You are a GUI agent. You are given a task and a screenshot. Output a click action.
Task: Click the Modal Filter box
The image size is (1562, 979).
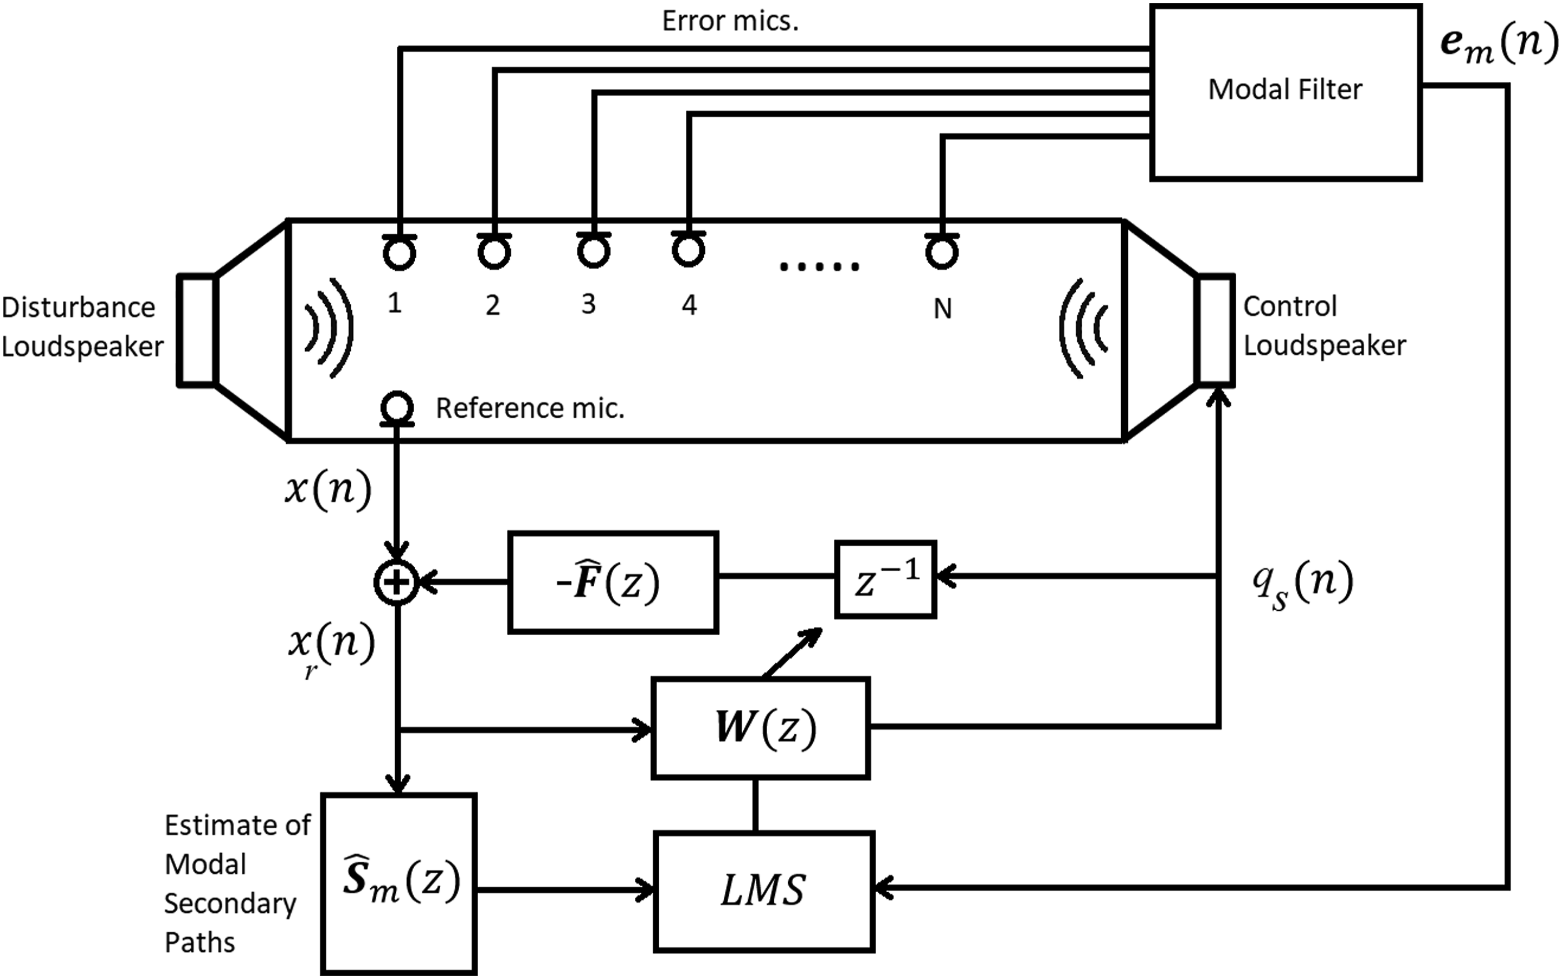(x=1285, y=92)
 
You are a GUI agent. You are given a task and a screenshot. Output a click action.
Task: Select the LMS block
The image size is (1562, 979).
(x=764, y=892)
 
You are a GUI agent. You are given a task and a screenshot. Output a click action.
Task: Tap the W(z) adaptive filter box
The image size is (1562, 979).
(x=760, y=728)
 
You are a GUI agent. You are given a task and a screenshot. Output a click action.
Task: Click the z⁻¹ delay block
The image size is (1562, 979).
(x=885, y=580)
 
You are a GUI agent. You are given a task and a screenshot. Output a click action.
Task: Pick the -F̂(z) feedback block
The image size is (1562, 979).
(x=613, y=582)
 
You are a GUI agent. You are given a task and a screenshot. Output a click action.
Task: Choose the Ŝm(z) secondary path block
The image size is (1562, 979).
(x=399, y=883)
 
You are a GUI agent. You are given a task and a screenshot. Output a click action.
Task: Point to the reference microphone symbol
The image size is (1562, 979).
(x=397, y=408)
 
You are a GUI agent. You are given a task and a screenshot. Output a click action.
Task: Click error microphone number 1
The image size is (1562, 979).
(x=399, y=251)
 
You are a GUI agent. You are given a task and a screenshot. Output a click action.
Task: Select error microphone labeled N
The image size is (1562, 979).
(x=942, y=251)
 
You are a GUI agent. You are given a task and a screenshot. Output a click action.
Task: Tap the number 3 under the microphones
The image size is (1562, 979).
(x=588, y=304)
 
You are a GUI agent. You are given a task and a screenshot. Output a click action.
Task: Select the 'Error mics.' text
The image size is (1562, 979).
(x=730, y=21)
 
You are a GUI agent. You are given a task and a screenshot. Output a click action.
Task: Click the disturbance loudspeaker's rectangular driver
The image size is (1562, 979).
(x=197, y=331)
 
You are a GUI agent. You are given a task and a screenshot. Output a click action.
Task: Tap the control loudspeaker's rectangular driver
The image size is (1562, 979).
(x=1216, y=329)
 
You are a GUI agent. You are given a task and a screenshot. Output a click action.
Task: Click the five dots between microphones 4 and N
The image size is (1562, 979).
(x=819, y=266)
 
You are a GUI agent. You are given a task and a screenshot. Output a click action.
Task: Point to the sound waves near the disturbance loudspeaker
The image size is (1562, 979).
(x=329, y=328)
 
